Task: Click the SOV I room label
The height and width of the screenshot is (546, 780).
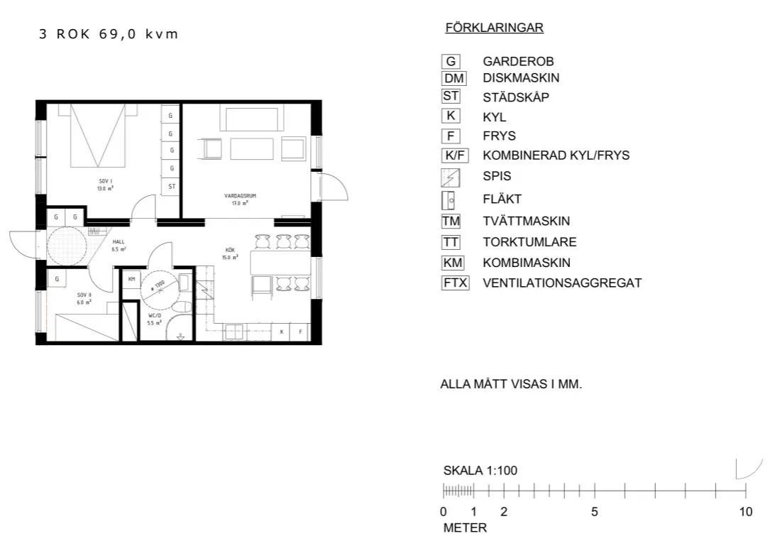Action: (x=106, y=185)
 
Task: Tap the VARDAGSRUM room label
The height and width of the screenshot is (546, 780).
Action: (x=235, y=198)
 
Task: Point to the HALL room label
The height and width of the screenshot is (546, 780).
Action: (x=119, y=246)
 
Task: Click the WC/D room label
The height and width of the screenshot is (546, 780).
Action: (x=155, y=318)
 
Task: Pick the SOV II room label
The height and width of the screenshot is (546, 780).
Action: (x=84, y=297)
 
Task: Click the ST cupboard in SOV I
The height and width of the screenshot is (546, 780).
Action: (x=172, y=187)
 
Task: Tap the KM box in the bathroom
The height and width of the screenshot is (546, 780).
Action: (x=131, y=280)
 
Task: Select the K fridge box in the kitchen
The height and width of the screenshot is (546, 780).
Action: (x=282, y=332)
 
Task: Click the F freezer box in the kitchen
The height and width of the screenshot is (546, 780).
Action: (x=300, y=332)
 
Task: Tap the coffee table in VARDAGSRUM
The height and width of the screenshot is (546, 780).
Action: (x=251, y=149)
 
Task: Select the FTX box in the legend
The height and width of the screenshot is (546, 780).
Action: (x=455, y=283)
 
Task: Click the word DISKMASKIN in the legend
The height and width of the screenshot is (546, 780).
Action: (x=521, y=78)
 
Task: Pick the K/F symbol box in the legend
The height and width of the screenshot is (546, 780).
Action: (x=454, y=155)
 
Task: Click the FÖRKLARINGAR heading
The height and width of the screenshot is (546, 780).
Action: (x=494, y=28)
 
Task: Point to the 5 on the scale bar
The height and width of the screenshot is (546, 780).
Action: (x=595, y=512)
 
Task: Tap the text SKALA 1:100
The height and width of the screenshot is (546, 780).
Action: (x=480, y=470)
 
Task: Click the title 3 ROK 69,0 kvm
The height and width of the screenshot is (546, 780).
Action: (x=109, y=34)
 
